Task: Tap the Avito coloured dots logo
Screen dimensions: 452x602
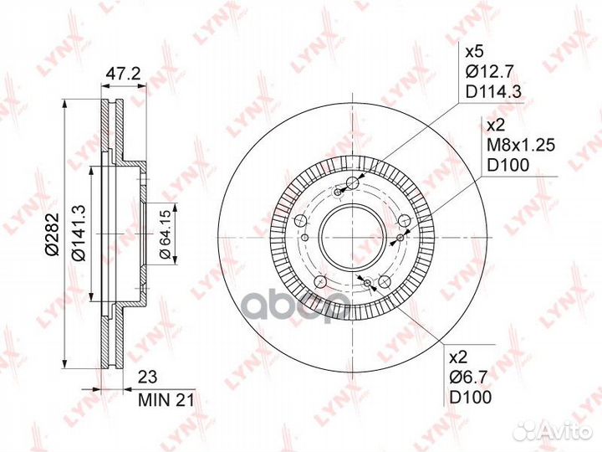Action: click(x=526, y=430)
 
